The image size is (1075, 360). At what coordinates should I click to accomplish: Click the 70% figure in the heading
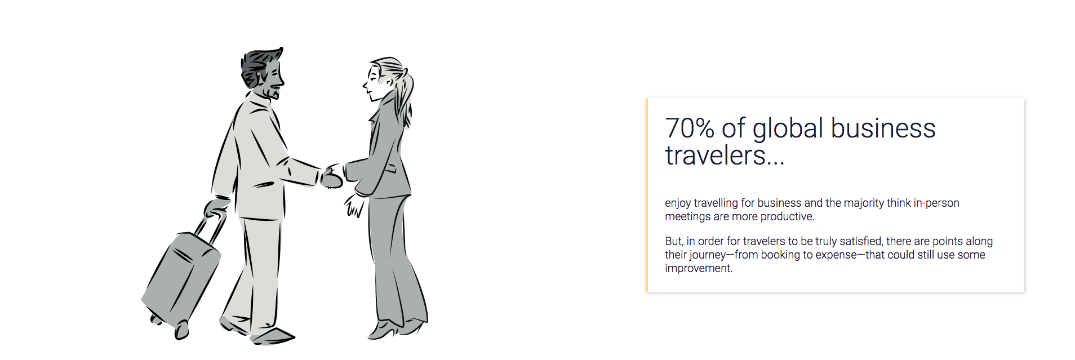click(x=690, y=128)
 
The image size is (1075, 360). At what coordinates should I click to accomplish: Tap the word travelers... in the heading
click(x=725, y=155)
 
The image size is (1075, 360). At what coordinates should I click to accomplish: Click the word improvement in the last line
click(x=698, y=269)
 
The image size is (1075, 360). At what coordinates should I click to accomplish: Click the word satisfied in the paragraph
click(x=861, y=241)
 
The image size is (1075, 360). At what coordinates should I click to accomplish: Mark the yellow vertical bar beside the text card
click(x=647, y=195)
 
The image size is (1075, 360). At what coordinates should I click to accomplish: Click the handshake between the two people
click(x=332, y=176)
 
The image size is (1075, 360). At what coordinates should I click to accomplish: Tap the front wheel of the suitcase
click(x=181, y=330)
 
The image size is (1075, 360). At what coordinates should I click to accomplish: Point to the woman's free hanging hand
click(x=354, y=205)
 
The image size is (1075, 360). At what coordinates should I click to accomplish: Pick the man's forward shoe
click(x=273, y=336)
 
